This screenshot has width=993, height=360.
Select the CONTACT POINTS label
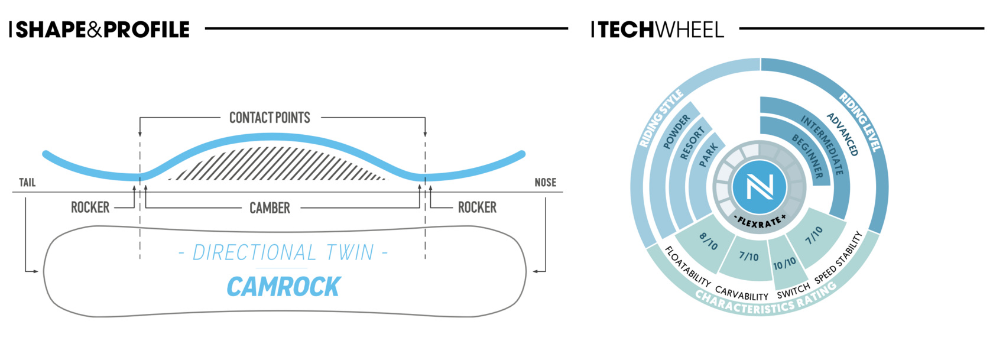(270, 118)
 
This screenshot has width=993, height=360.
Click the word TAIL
(27, 183)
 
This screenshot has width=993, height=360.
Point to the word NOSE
(545, 183)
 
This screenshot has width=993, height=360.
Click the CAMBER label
(270, 208)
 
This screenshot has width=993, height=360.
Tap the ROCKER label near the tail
(90, 207)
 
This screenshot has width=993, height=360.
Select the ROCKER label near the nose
(477, 207)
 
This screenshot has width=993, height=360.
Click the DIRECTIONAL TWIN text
(283, 253)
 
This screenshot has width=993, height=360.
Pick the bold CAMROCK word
(283, 287)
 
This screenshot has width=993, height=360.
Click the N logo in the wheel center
(760, 187)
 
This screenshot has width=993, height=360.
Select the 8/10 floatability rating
(708, 241)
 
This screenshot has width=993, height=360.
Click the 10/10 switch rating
(784, 264)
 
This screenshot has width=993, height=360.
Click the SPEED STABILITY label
(839, 258)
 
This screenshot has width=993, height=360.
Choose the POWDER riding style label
(676, 132)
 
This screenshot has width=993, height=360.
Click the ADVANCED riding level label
(842, 134)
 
